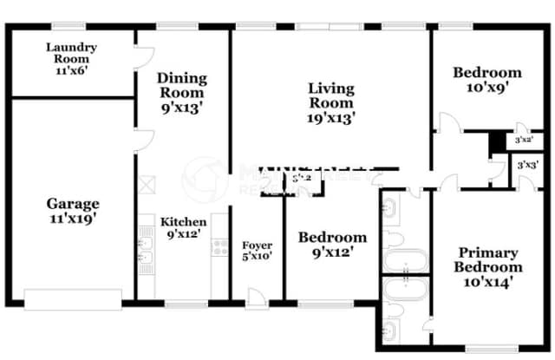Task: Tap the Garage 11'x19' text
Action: pyautogui.click(x=72, y=212)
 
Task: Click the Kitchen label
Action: pyautogui.click(x=184, y=228)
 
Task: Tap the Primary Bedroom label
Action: pyautogui.click(x=488, y=267)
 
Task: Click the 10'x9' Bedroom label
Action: pyautogui.click(x=487, y=81)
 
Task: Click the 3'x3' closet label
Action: pyautogui.click(x=526, y=164)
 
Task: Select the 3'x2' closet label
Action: pyautogui.click(x=523, y=139)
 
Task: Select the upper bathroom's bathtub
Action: pyautogui.click(x=405, y=260)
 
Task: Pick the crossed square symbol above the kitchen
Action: pyautogui.click(x=148, y=184)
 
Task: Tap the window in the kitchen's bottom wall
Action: pyautogui.click(x=186, y=304)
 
